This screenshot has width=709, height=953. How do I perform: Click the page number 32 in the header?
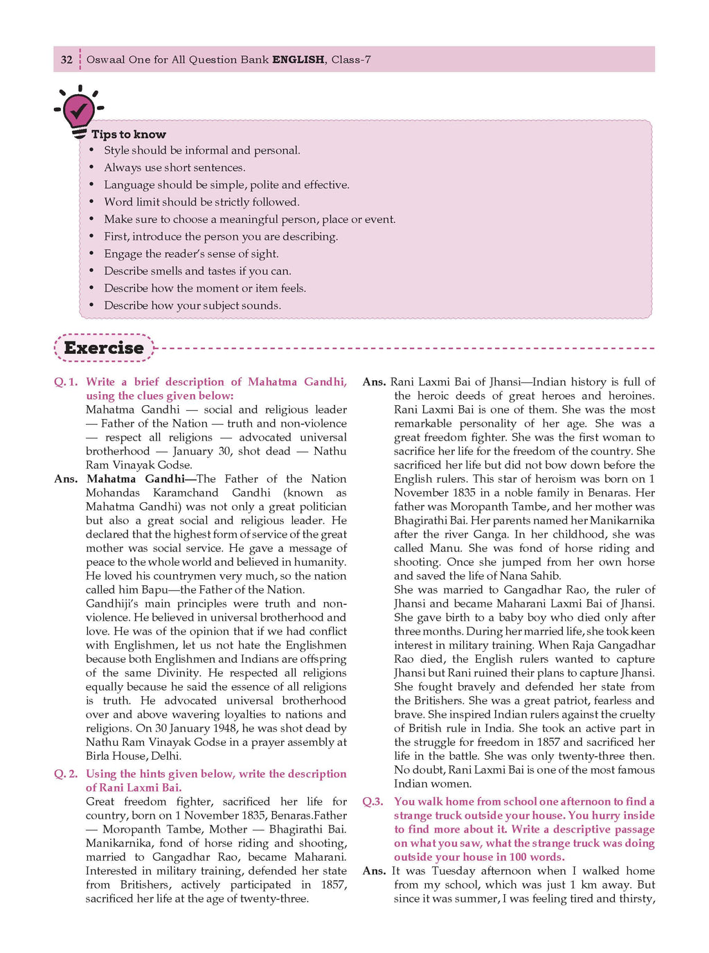point(66,60)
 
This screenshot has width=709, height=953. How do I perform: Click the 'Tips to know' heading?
point(129,134)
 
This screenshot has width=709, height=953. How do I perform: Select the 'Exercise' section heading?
point(104,348)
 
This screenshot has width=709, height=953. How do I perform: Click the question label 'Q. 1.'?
point(66,382)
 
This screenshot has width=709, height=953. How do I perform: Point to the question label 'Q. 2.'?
point(66,774)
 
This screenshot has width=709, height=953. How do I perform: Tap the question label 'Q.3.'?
point(373,801)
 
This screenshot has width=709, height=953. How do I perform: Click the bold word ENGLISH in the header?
point(298,60)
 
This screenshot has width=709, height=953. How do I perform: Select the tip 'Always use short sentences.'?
point(174,168)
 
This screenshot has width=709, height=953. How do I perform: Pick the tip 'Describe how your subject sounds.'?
point(192,305)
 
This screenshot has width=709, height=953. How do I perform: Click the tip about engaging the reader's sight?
point(191,253)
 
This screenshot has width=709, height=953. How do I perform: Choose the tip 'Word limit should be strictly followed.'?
point(201,202)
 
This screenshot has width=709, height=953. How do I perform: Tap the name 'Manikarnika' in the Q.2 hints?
point(118,843)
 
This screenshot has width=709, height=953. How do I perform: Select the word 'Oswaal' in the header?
point(105,60)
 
